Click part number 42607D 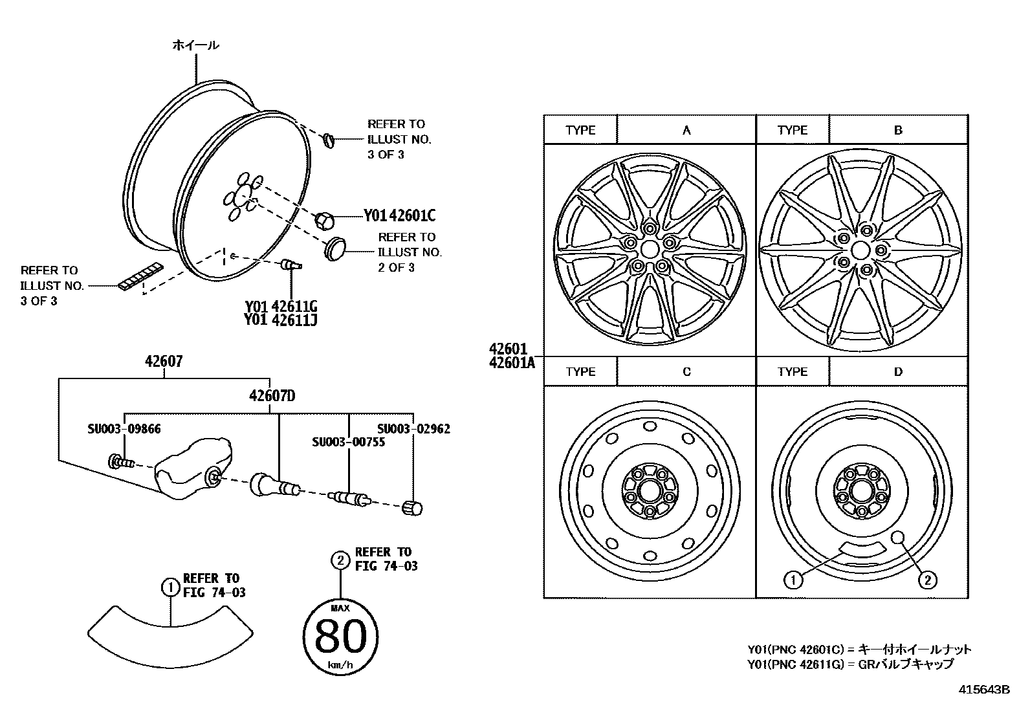272,395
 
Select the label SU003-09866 124,428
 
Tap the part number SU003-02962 413,428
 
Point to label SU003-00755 349,443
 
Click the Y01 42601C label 399,215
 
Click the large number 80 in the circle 340,637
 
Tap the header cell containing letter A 686,130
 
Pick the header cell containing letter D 898,372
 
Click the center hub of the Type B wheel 860,250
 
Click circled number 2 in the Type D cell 927,580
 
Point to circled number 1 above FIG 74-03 170,587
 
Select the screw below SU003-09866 121,462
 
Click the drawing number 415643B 984,690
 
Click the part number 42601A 512,363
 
